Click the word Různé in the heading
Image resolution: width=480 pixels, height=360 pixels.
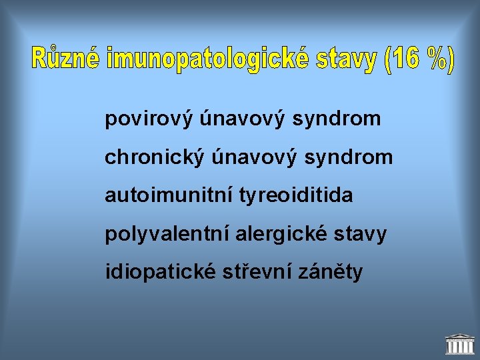(x=66, y=59)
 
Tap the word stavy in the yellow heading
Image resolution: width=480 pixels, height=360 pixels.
(x=345, y=59)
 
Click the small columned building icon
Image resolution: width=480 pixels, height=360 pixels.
(x=459, y=344)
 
